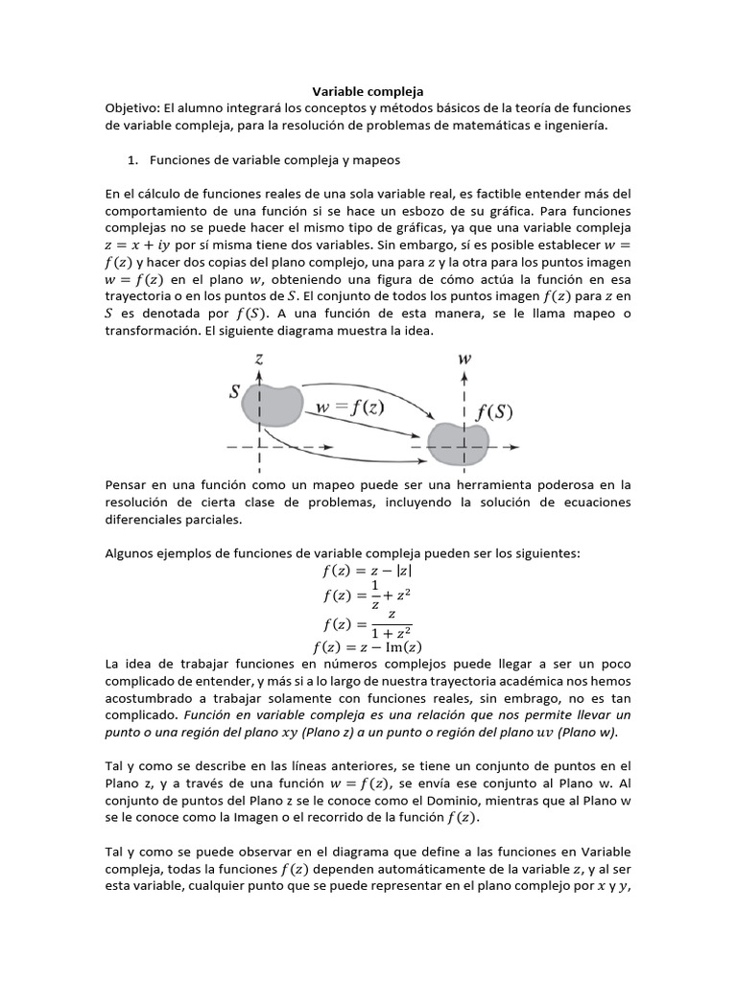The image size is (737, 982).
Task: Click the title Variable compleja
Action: pyautogui.click(x=368, y=91)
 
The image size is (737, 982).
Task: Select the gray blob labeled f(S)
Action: pyautogui.click(x=459, y=440)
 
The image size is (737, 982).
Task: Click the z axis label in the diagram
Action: pyautogui.click(x=259, y=357)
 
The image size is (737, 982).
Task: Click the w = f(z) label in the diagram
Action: pyautogui.click(x=350, y=406)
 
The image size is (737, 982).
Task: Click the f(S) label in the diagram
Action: pyautogui.click(x=495, y=413)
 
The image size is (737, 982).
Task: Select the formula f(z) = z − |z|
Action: pyautogui.click(x=368, y=571)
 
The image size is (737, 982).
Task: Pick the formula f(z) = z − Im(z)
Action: pyautogui.click(x=368, y=645)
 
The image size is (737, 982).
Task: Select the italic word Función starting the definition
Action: pyautogui.click(x=210, y=715)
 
